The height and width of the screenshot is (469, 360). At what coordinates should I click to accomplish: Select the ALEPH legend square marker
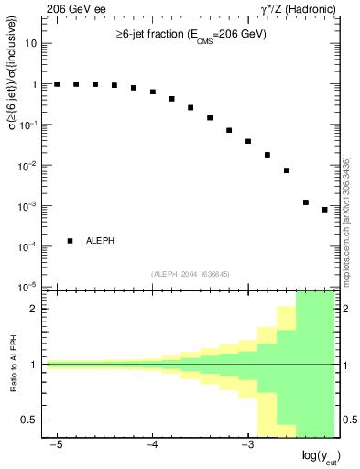click(71, 241)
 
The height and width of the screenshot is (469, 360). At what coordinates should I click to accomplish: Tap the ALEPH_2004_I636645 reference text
click(190, 274)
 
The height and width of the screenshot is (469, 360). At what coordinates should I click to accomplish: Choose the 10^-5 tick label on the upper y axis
click(30, 287)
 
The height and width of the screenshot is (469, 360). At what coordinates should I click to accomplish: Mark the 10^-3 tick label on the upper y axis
click(30, 206)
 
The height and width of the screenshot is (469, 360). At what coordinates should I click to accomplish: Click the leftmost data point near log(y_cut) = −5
click(57, 84)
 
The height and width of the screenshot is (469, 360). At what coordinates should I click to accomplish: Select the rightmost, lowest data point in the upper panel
click(325, 210)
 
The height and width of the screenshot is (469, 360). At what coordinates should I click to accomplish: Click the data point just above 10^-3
click(306, 202)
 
